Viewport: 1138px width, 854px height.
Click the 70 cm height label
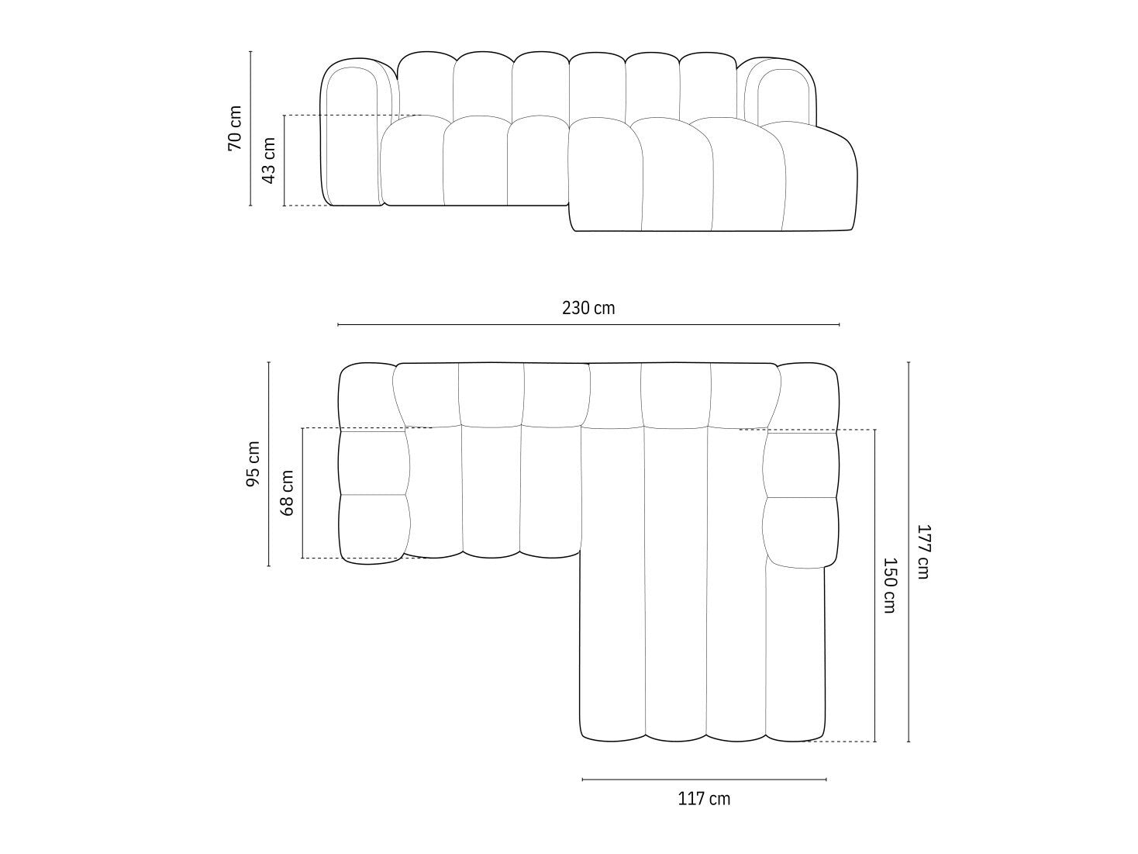235,128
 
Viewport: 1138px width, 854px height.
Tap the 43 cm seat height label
268,161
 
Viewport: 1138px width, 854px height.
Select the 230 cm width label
588,308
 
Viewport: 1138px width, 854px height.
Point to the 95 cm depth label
253,464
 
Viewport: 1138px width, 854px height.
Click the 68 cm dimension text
287,493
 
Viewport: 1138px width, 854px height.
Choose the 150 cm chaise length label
890,586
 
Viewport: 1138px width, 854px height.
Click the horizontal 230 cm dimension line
588,324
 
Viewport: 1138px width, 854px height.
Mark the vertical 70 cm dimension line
250,129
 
